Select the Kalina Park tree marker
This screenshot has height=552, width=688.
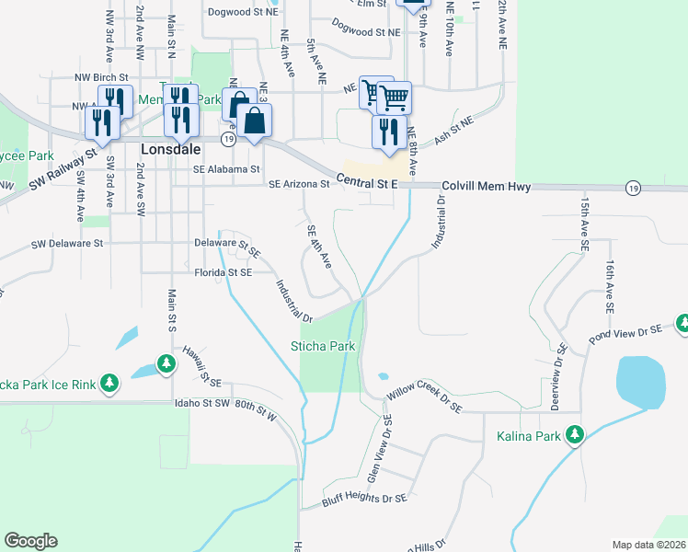pos(576,432)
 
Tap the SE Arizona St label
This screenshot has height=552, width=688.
pos(299,184)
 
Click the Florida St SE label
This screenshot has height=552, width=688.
pos(223,272)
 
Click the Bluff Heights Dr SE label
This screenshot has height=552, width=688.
pos(364,500)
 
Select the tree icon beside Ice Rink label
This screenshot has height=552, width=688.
pos(109,382)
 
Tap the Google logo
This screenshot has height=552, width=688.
pos(30,541)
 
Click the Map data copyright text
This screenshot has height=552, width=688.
pos(649,545)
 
